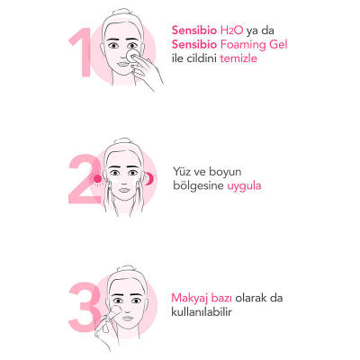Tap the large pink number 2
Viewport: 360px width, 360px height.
tap(85, 179)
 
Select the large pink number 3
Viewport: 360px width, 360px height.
tap(85, 307)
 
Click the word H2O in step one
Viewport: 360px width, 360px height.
tap(231, 31)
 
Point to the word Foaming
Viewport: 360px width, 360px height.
tap(243, 45)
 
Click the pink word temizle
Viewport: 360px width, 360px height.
tap(238, 58)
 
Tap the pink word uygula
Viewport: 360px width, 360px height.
tap(244, 186)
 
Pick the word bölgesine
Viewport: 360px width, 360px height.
tap(198, 186)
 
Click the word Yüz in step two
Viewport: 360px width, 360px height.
tap(182, 172)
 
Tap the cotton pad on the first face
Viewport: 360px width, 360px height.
tap(132, 57)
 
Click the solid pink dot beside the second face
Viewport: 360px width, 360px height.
tap(97, 179)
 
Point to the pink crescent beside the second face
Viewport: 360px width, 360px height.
tap(150, 179)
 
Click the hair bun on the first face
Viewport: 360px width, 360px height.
tap(120, 13)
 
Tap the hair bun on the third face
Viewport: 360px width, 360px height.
tap(126, 268)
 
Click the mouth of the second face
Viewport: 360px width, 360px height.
tap(124, 190)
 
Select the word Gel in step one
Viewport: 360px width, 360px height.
tap(278, 44)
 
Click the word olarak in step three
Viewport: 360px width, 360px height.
tap(251, 298)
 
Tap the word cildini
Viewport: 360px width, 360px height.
tap(201, 58)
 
